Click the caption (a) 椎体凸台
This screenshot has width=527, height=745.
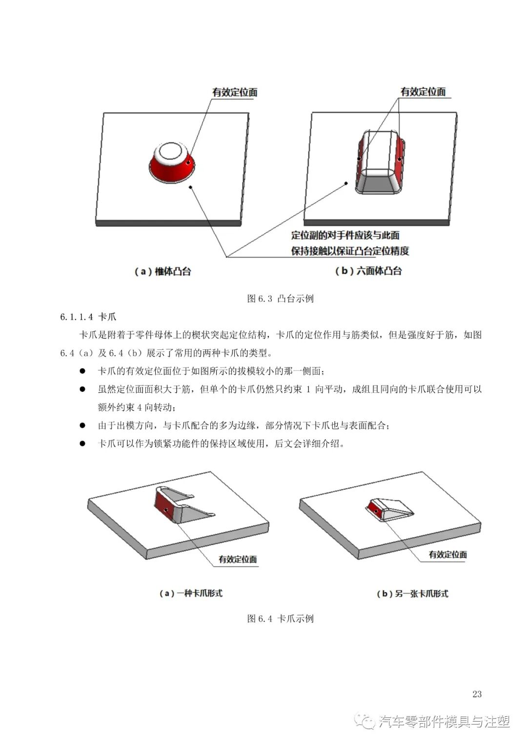pyautogui.click(x=162, y=271)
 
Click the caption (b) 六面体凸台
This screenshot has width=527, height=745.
pyautogui.click(x=368, y=271)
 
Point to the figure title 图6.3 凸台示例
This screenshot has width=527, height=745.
pyautogui.click(x=280, y=299)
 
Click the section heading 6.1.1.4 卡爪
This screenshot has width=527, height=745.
pyautogui.click(x=88, y=317)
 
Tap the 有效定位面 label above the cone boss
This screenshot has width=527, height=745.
pyautogui.click(x=235, y=92)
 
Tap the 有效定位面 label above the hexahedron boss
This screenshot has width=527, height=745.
pyautogui.click(x=423, y=91)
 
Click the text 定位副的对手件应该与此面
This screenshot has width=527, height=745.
pyautogui.click(x=345, y=235)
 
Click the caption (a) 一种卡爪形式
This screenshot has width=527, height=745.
pyautogui.click(x=191, y=593)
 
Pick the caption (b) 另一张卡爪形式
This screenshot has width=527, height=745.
pyautogui.click(x=412, y=593)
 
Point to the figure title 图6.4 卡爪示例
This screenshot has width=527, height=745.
pyautogui.click(x=280, y=619)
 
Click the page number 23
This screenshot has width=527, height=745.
pyautogui.click(x=477, y=694)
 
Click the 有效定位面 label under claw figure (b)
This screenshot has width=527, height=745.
pyautogui.click(x=447, y=555)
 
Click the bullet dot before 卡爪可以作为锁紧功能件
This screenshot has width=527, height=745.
pyautogui.click(x=82, y=443)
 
